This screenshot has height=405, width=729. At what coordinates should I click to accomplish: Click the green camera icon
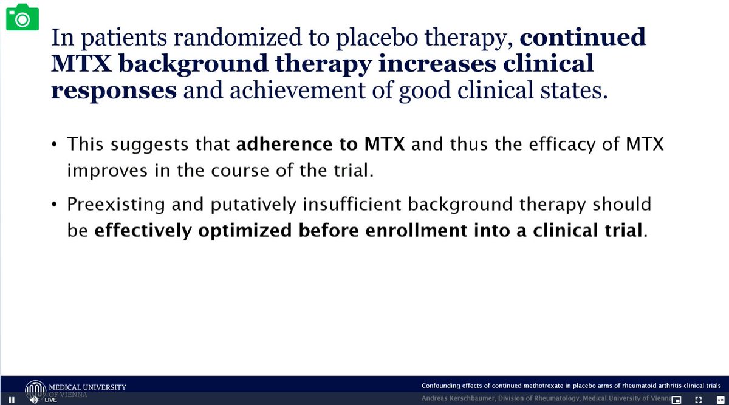[22, 17]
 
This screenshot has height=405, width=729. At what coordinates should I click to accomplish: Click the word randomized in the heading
[238, 37]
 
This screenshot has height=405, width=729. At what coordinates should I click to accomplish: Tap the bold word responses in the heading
[114, 91]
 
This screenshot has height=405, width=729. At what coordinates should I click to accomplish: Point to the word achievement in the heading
[298, 90]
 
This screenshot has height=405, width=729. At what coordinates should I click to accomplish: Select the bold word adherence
[284, 144]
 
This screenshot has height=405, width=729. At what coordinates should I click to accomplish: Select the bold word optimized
[245, 231]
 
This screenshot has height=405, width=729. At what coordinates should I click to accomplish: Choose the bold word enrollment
[416, 230]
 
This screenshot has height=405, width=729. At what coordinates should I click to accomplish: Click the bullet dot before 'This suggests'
[54, 144]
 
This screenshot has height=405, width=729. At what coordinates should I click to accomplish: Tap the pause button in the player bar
[12, 400]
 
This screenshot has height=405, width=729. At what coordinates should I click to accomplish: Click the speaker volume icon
[33, 400]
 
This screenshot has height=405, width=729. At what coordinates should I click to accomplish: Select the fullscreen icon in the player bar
[699, 400]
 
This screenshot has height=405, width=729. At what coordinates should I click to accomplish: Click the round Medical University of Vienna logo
[35, 390]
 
